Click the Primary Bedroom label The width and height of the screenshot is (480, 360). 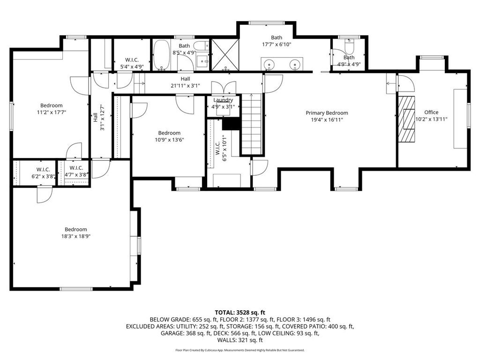tap(327, 113)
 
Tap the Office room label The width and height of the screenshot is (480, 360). tap(431, 112)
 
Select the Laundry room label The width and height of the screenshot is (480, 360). tap(223, 100)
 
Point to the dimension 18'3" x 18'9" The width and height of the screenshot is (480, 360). tap(76, 236)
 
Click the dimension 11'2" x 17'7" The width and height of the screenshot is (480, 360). tap(52, 112)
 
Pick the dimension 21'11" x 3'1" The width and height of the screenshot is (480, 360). tap(185, 86)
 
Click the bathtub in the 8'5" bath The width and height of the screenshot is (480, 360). tap(161, 55)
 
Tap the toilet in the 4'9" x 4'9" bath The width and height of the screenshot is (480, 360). tap(349, 46)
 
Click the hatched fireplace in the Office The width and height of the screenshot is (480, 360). tap(406, 119)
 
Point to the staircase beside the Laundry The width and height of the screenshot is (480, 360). tap(252, 124)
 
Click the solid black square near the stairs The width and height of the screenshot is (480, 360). tap(230, 124)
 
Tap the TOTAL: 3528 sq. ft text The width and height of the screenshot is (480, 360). tap(240, 313)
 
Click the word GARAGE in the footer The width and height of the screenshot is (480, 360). tap(172, 333)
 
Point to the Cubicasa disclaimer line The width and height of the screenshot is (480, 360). tap(240, 350)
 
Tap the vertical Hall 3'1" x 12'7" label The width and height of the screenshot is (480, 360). tap(99, 118)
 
